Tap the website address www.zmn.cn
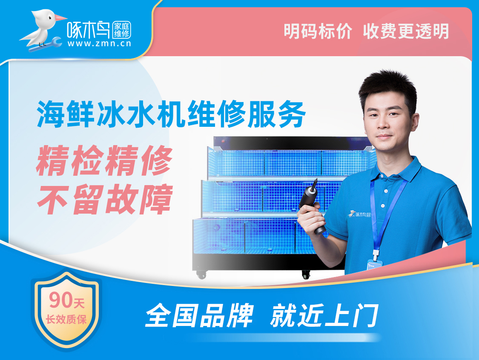(x=99, y=43)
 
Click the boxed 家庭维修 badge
(x=122, y=30)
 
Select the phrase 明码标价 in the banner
(x=318, y=31)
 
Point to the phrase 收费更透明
(x=406, y=31)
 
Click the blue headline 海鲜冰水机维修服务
(x=171, y=114)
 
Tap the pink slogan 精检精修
(x=104, y=160)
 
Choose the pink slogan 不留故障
(x=104, y=199)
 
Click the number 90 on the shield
(x=60, y=300)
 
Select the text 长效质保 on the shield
(x=66, y=320)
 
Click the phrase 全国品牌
(x=199, y=315)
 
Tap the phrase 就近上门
(x=324, y=315)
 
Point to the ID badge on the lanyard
(x=375, y=265)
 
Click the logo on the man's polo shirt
(x=359, y=214)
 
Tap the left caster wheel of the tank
(x=201, y=275)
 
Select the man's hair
(x=388, y=89)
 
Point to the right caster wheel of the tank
(x=306, y=274)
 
